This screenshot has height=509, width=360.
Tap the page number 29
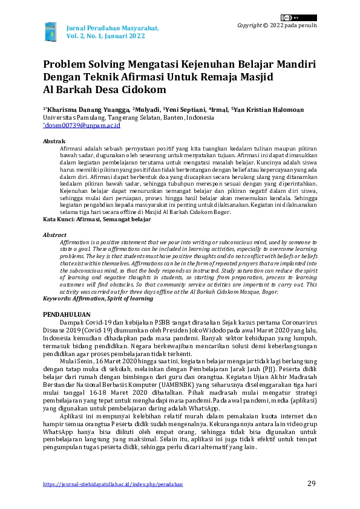312,483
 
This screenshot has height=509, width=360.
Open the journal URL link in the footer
113,484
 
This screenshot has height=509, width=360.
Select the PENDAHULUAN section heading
67,315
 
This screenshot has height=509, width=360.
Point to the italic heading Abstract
54,235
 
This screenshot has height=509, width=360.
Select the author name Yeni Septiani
184,109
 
